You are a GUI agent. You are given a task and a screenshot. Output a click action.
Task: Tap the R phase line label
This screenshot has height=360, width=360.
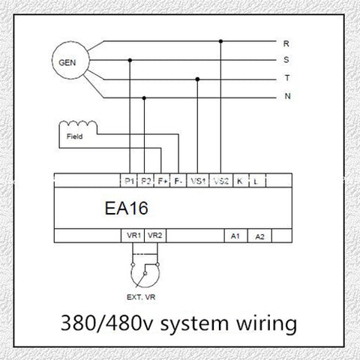click(286, 43)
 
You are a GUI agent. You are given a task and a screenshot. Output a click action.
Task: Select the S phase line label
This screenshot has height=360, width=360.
click(286, 60)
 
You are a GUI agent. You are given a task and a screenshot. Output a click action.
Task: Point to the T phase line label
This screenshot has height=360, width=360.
click(287, 78)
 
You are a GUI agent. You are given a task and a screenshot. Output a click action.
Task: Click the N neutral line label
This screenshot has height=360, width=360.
click(288, 96)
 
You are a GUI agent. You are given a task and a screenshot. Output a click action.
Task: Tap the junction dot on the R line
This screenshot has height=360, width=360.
click(220, 41)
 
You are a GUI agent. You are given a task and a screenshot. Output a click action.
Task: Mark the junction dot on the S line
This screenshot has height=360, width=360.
click(130, 60)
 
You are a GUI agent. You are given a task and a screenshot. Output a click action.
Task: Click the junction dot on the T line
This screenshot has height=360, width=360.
click(197, 79)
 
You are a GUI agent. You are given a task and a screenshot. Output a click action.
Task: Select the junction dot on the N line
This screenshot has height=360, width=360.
click(144, 98)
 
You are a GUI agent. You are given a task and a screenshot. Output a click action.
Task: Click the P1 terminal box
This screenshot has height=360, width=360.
click(129, 180)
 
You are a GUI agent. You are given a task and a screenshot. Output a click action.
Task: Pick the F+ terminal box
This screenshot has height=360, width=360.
click(162, 180)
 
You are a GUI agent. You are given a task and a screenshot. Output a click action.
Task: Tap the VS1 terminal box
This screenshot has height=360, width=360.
click(197, 180)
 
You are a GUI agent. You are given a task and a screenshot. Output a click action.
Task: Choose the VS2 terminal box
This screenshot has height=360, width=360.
click(220, 180)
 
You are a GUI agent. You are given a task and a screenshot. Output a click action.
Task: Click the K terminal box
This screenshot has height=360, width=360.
click(241, 180)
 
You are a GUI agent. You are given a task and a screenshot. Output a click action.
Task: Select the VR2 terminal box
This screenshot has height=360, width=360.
click(155, 235)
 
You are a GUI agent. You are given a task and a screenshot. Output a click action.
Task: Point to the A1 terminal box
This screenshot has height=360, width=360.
click(235, 235)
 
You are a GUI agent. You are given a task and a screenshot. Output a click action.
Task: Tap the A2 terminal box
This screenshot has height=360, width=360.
click(259, 235)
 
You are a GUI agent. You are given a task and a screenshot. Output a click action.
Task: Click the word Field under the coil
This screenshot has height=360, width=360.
click(74, 136)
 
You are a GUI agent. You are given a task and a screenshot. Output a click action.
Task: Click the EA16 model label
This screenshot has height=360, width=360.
click(126, 208)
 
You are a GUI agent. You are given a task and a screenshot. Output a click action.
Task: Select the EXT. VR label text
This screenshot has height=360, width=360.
click(141, 297)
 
